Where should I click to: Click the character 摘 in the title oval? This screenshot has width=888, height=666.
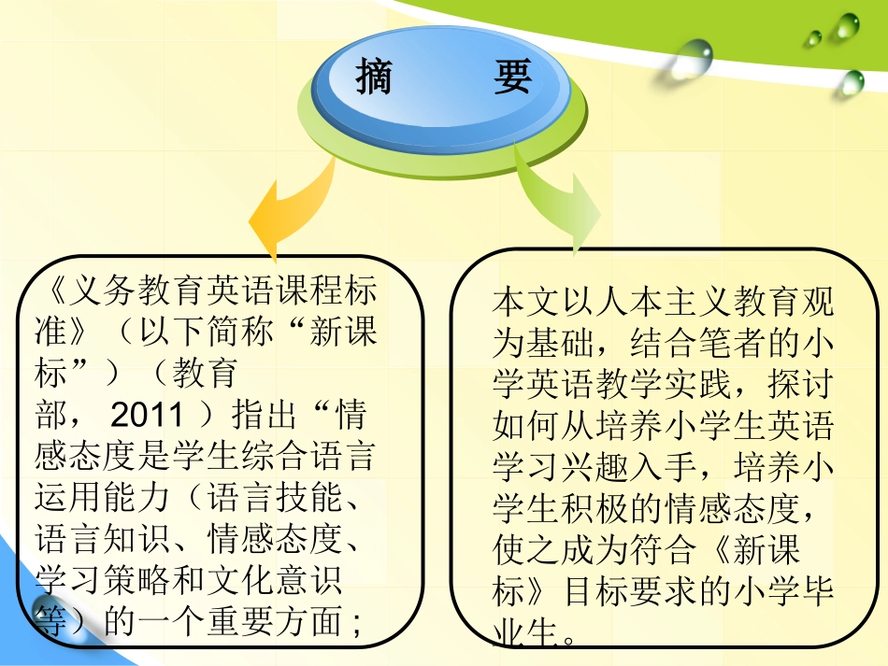[374, 78]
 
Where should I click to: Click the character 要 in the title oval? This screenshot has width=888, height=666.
[512, 78]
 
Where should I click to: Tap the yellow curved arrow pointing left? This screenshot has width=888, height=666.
[285, 210]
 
